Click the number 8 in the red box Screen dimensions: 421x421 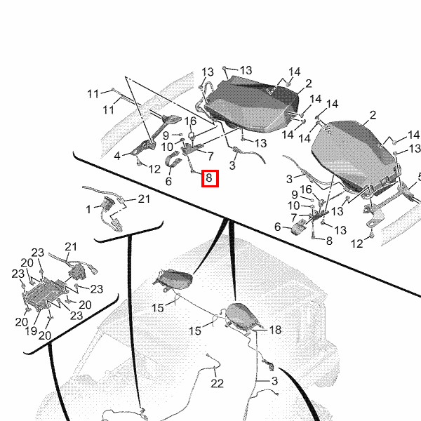coord(209,179)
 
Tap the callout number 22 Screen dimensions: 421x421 coord(217,383)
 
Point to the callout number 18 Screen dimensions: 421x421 coord(275,329)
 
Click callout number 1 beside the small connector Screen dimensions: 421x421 coord(89,209)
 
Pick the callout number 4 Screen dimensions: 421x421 coord(118,154)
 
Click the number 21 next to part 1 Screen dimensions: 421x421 coord(144,199)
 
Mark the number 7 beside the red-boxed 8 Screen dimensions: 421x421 coord(209,155)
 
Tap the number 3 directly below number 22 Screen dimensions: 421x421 coord(274,380)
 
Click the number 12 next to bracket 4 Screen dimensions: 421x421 coord(154,168)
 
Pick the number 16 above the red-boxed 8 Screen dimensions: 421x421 coord(191,121)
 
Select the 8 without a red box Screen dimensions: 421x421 coord(329,241)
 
